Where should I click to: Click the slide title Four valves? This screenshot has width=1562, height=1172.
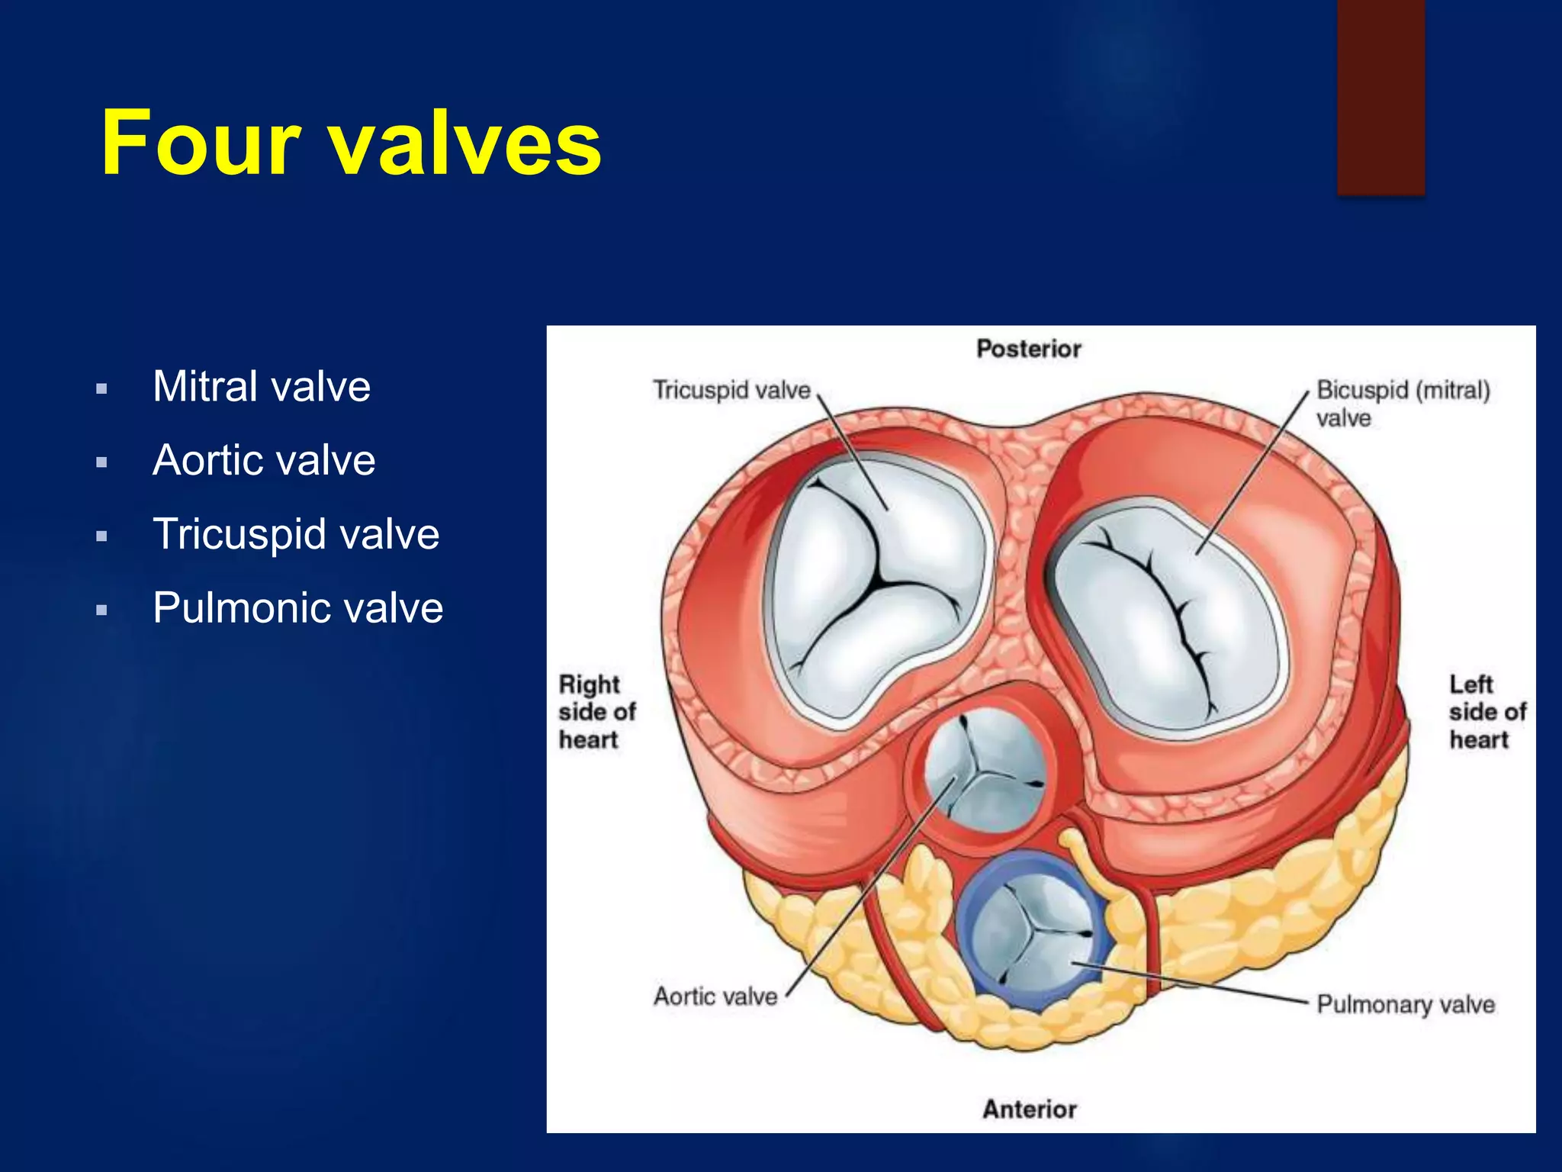[x=351, y=143]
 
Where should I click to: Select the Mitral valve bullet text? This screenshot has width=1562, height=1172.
[x=262, y=386]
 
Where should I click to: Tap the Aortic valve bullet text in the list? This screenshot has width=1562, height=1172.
[x=264, y=460]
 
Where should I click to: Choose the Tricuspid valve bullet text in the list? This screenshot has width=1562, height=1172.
[x=296, y=534]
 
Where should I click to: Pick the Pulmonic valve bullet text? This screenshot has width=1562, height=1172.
[x=297, y=608]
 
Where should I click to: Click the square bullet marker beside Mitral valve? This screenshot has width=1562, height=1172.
[x=101, y=389]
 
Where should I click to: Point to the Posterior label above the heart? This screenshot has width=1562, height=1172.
[x=1028, y=349]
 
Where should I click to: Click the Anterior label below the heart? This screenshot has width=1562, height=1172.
[x=1029, y=1109]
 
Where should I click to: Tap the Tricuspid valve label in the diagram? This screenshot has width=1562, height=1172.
[x=731, y=390]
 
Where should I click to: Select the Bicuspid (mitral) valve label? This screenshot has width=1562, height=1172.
[x=1402, y=403]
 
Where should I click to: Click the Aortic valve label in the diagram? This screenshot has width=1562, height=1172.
[x=715, y=997]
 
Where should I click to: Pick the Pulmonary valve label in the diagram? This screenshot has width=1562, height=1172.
[x=1405, y=1004]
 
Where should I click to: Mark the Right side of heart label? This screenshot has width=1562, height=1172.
[x=596, y=712]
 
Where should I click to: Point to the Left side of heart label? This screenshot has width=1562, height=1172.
[x=1486, y=712]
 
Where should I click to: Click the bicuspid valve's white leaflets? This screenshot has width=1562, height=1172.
[x=1167, y=618]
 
